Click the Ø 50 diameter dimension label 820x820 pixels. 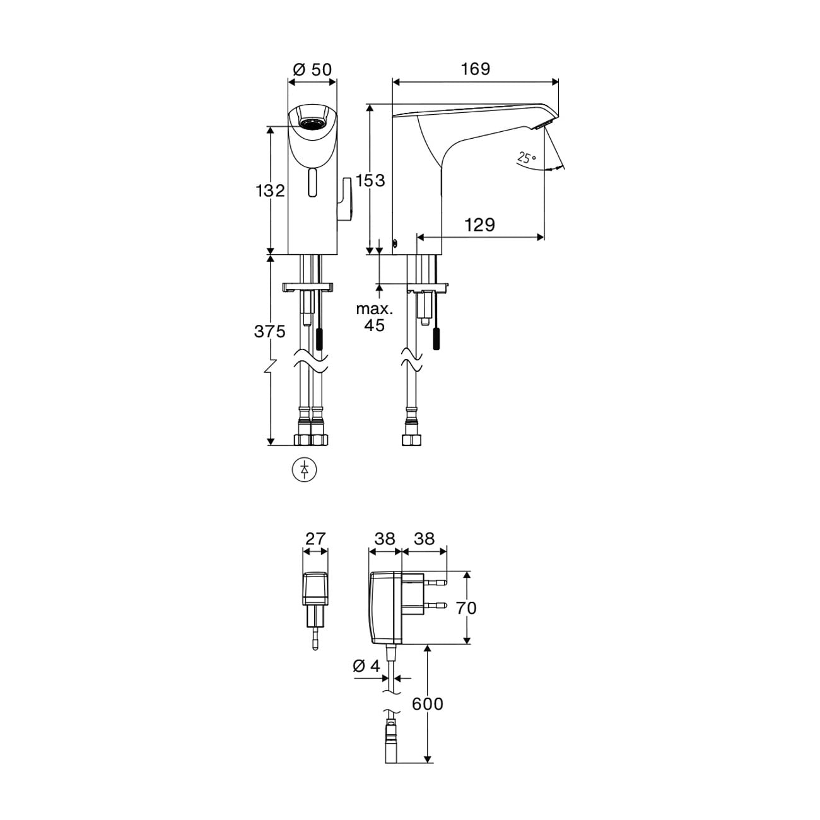coord(312,69)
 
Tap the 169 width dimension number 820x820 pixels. coord(476,69)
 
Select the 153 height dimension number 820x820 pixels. coord(370,180)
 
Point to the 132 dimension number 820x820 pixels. coord(270,190)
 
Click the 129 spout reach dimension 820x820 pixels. coord(479,225)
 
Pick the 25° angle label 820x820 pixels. coord(527,158)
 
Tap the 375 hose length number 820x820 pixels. coord(270,331)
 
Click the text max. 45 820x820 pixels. coord(375,317)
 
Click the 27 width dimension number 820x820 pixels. coord(315,539)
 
